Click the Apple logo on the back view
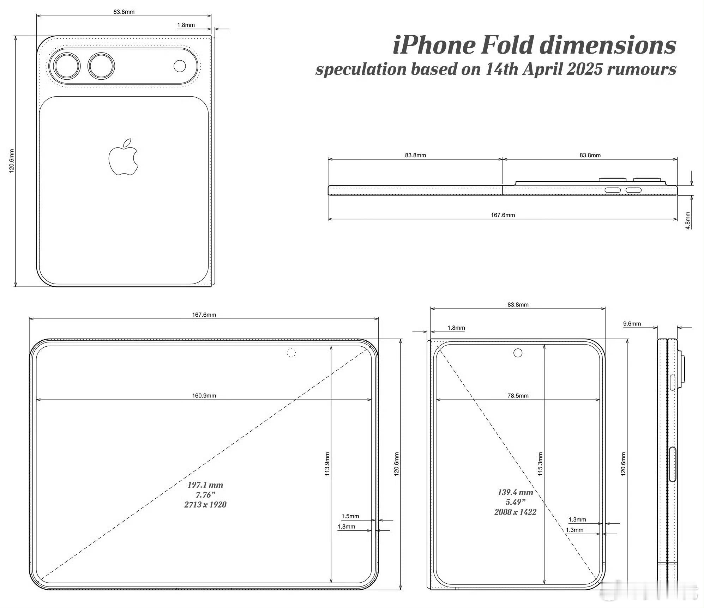pos(124,157)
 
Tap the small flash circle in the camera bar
pos(180,66)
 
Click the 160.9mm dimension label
pos(204,395)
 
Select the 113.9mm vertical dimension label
pos(327,464)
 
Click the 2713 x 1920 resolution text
pos(205,505)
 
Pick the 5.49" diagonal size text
pos(515,502)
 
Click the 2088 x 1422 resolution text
pos(515,512)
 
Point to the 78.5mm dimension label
pos(518,395)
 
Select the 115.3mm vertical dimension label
pos(540,464)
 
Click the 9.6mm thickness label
pos(632,323)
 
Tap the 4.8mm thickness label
pos(688,220)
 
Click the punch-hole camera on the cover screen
pos(518,353)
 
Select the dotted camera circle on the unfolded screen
pos(291,353)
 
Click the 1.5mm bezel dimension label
pos(350,516)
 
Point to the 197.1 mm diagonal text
pos(205,485)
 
